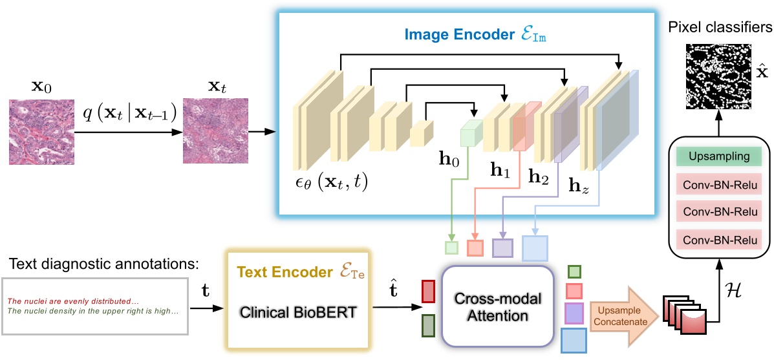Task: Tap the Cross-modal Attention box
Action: coord(497,306)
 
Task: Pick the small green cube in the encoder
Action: coord(471,134)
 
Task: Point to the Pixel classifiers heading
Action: coord(720,28)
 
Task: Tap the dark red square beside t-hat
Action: coord(428,291)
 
